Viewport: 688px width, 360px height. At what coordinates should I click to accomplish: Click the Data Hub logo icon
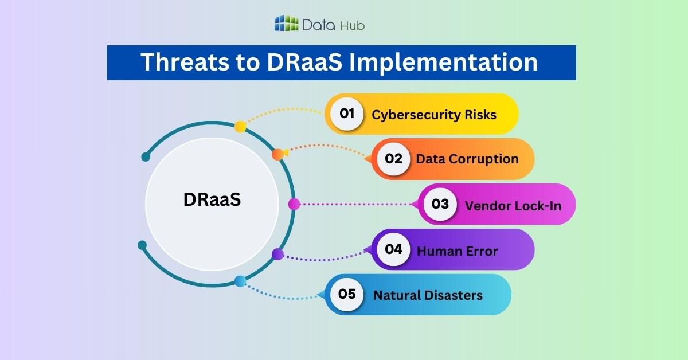coord(287,24)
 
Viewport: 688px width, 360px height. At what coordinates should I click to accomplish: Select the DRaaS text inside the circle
coord(212,200)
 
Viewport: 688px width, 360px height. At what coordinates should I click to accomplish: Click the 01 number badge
coord(347,114)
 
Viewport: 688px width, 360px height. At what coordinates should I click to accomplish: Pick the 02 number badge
coord(394,159)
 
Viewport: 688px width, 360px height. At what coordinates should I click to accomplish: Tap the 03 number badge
coord(440,204)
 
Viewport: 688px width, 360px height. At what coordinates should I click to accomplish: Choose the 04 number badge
coord(393,249)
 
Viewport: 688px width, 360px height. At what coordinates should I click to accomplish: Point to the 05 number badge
coord(347,295)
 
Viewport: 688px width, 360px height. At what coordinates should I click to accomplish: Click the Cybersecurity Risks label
coord(434,114)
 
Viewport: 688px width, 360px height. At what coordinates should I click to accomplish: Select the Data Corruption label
coord(467,159)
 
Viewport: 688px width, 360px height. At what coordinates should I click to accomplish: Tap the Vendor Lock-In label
coord(513,205)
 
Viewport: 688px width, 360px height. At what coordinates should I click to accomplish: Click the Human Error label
coord(457,251)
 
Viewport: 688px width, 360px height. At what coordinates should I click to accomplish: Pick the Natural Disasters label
coord(428,295)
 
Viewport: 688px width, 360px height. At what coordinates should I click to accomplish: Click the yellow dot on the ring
coord(241,127)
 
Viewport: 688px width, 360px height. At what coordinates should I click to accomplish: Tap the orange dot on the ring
coord(277,154)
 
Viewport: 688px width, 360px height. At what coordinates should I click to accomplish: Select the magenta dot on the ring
coord(294,204)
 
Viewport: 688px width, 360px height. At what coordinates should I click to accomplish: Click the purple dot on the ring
coord(277,254)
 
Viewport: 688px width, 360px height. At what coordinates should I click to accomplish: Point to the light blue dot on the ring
coord(240,281)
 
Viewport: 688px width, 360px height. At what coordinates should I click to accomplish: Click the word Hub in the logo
coord(352,25)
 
